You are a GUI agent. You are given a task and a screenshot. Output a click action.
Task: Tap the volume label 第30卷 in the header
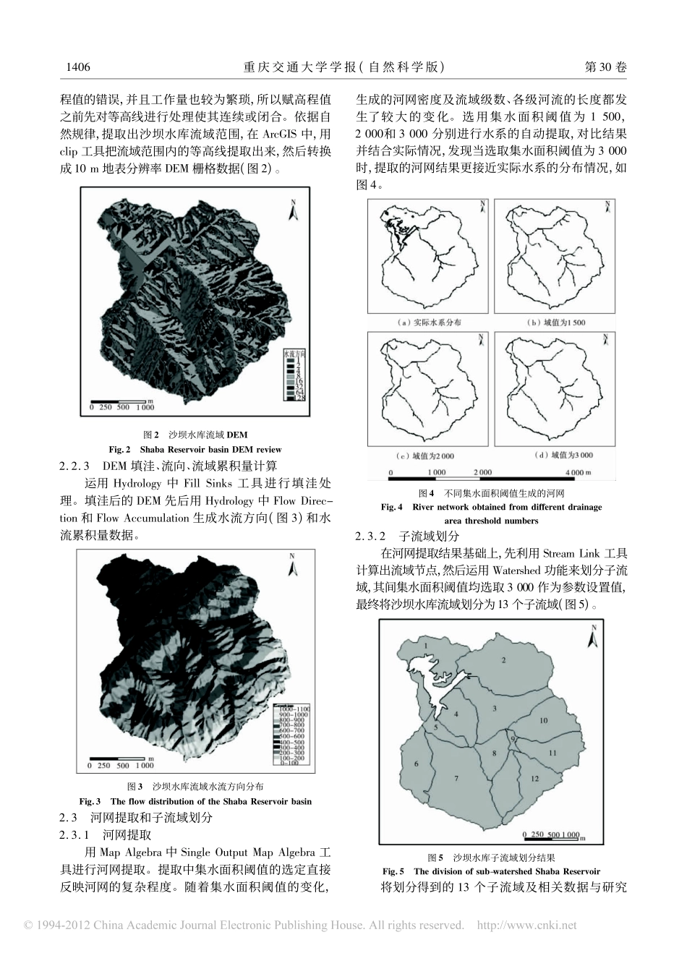click(x=605, y=67)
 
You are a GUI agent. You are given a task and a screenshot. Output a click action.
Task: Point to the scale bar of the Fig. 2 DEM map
click(x=122, y=404)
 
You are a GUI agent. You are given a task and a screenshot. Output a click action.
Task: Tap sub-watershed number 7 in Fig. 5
click(x=456, y=778)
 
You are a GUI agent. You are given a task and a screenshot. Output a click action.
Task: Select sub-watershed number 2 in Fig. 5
click(x=504, y=659)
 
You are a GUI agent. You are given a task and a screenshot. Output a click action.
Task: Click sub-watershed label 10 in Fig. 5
click(x=544, y=720)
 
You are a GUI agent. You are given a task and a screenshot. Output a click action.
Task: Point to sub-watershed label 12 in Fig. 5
click(x=534, y=779)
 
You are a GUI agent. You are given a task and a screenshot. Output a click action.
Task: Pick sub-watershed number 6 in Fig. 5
click(x=416, y=764)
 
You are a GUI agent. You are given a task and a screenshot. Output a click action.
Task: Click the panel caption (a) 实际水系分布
click(x=430, y=322)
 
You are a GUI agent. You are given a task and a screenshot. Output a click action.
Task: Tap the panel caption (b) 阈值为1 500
click(x=555, y=322)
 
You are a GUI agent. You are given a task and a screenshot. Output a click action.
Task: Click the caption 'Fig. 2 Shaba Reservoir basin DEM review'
click(x=195, y=449)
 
